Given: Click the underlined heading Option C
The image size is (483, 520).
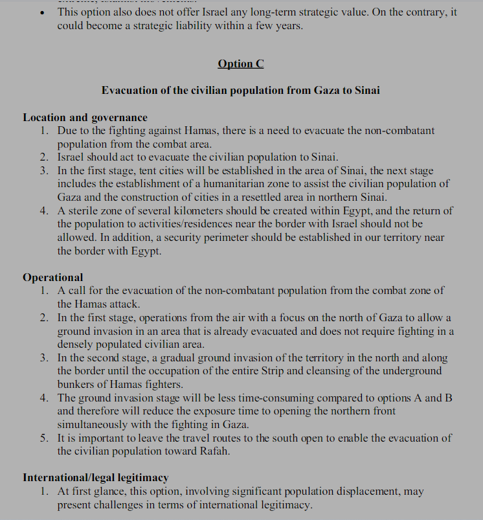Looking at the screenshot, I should click(241, 63).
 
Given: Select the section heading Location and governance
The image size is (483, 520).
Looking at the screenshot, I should click(85, 117).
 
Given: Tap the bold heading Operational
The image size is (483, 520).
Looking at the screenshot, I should click(53, 277).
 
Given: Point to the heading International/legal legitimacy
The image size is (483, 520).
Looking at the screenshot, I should click(95, 477).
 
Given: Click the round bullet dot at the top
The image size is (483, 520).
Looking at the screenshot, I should click(42, 12).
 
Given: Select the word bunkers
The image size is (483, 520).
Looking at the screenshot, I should click(77, 384).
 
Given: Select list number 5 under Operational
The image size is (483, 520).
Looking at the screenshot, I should click(43, 438).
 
